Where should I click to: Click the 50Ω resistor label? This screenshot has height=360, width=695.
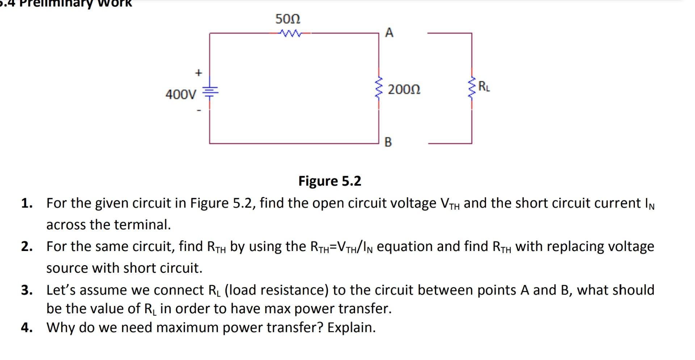pos(288,19)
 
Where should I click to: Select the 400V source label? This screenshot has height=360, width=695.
pos(181,95)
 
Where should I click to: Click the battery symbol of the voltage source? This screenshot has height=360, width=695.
pos(210,92)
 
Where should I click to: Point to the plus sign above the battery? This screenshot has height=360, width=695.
pos(198,73)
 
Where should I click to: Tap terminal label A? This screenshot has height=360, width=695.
pos(389,33)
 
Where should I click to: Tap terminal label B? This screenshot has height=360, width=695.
pos(388,142)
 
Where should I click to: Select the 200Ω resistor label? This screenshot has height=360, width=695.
pos(404,89)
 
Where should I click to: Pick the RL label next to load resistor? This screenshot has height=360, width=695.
pos(484,87)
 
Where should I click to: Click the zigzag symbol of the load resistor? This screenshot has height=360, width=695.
pos(472,88)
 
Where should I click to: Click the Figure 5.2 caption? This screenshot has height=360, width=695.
pos(329,181)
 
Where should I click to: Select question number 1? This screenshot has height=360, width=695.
pos(26,203)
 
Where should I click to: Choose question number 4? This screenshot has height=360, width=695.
pos(26,327)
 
